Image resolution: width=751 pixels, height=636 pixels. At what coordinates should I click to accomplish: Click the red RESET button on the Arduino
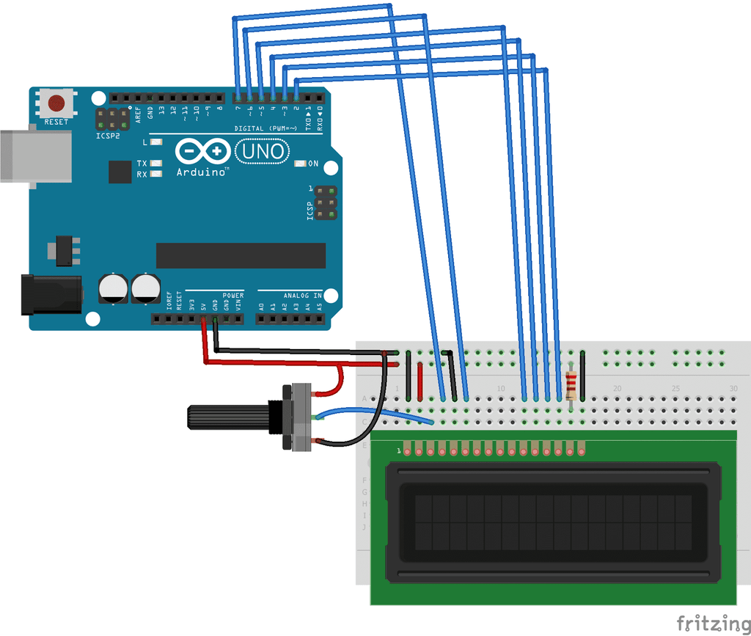[56, 103]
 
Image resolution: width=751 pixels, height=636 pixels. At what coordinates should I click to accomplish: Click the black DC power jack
[51, 294]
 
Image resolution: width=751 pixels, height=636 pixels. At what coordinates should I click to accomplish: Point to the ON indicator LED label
[313, 164]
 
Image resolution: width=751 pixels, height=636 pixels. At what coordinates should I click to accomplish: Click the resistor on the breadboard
[571, 383]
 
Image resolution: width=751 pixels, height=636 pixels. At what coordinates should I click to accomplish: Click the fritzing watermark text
[708, 624]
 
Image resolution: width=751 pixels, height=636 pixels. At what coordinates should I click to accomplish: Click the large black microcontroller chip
[241, 255]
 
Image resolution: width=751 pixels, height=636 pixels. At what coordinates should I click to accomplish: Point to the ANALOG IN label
[302, 295]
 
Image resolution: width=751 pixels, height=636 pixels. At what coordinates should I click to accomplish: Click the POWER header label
[233, 295]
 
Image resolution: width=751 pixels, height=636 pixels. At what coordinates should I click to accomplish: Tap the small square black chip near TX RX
[120, 172]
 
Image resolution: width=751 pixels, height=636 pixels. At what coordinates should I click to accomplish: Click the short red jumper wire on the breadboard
[420, 381]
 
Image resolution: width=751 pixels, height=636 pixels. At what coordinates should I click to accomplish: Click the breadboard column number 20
[618, 388]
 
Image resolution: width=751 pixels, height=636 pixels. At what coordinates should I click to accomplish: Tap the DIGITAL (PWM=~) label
[265, 128]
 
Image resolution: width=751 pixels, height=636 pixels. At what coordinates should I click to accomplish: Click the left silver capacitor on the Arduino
[113, 288]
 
